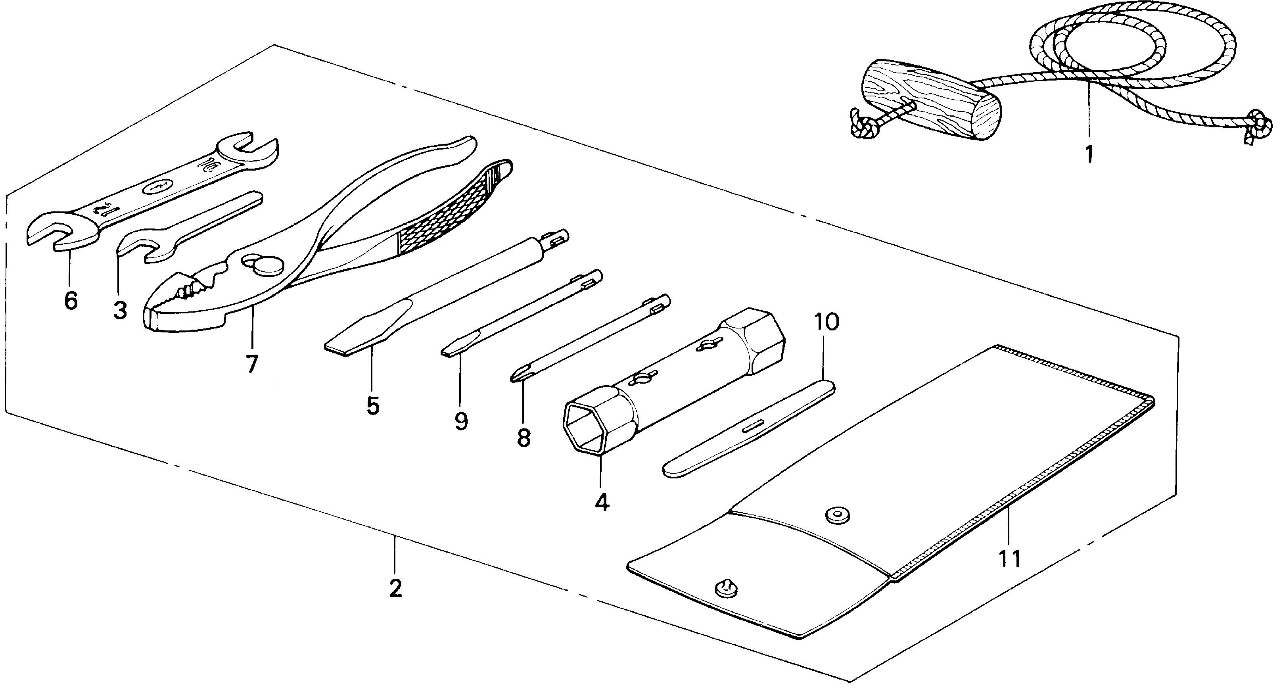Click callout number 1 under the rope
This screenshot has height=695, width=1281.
(1089, 154)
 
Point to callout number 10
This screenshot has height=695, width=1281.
(826, 323)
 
